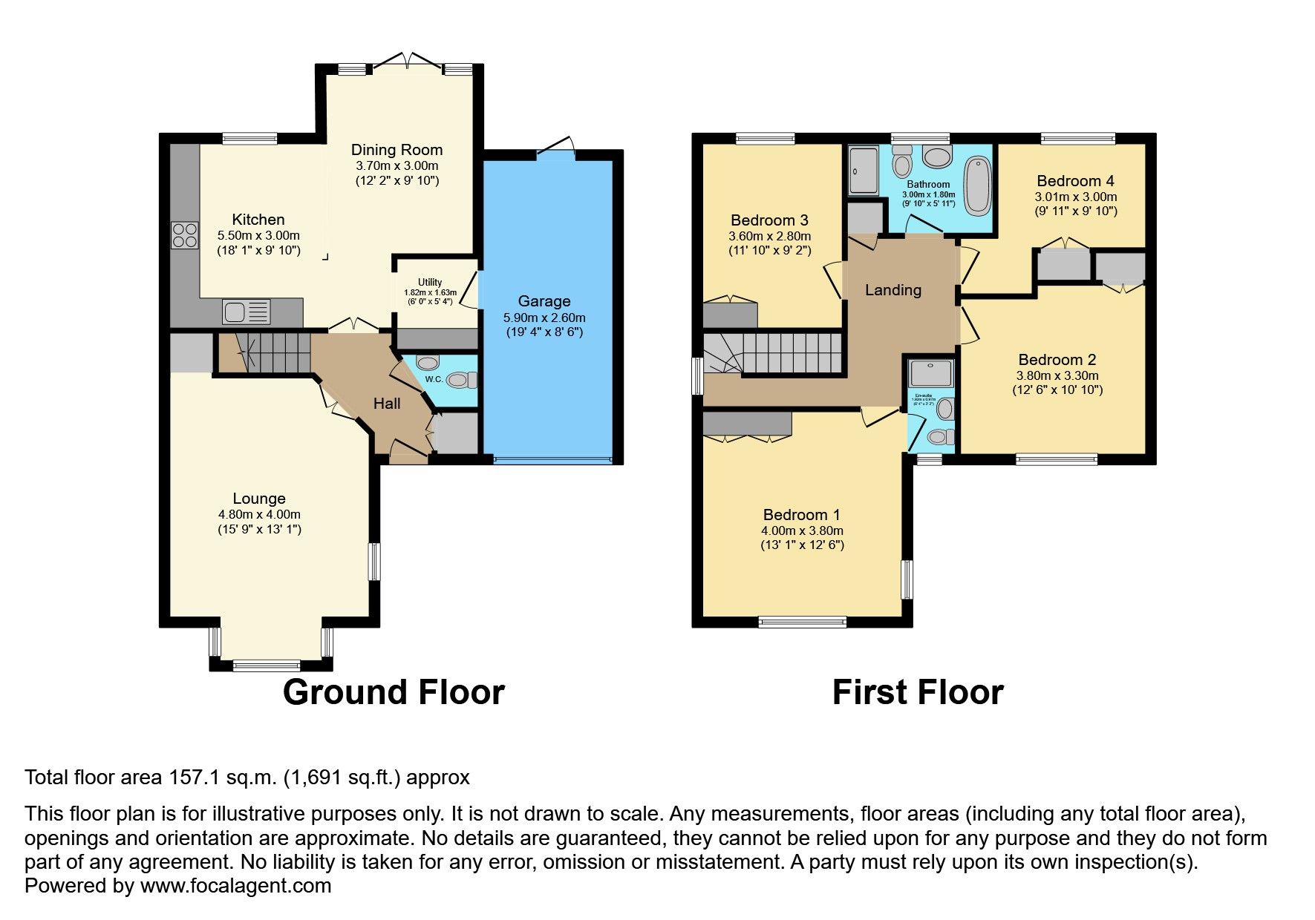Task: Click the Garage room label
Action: (x=544, y=301)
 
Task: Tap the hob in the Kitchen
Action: (x=185, y=235)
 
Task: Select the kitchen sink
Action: (x=247, y=312)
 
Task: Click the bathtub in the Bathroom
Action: (x=978, y=186)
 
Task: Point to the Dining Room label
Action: (x=397, y=150)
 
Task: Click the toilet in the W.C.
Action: (x=462, y=381)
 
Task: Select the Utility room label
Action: (x=430, y=282)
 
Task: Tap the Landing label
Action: (x=893, y=290)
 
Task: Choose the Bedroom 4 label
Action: (x=1075, y=181)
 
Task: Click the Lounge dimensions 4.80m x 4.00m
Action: (x=259, y=514)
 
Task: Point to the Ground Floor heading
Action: (x=394, y=692)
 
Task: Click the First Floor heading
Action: (x=918, y=692)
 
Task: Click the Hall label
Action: (x=387, y=404)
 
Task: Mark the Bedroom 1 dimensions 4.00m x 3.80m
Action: (x=802, y=530)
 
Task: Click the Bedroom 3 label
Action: (x=769, y=220)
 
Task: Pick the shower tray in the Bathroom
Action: (x=863, y=171)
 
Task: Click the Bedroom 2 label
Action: (x=1057, y=360)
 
